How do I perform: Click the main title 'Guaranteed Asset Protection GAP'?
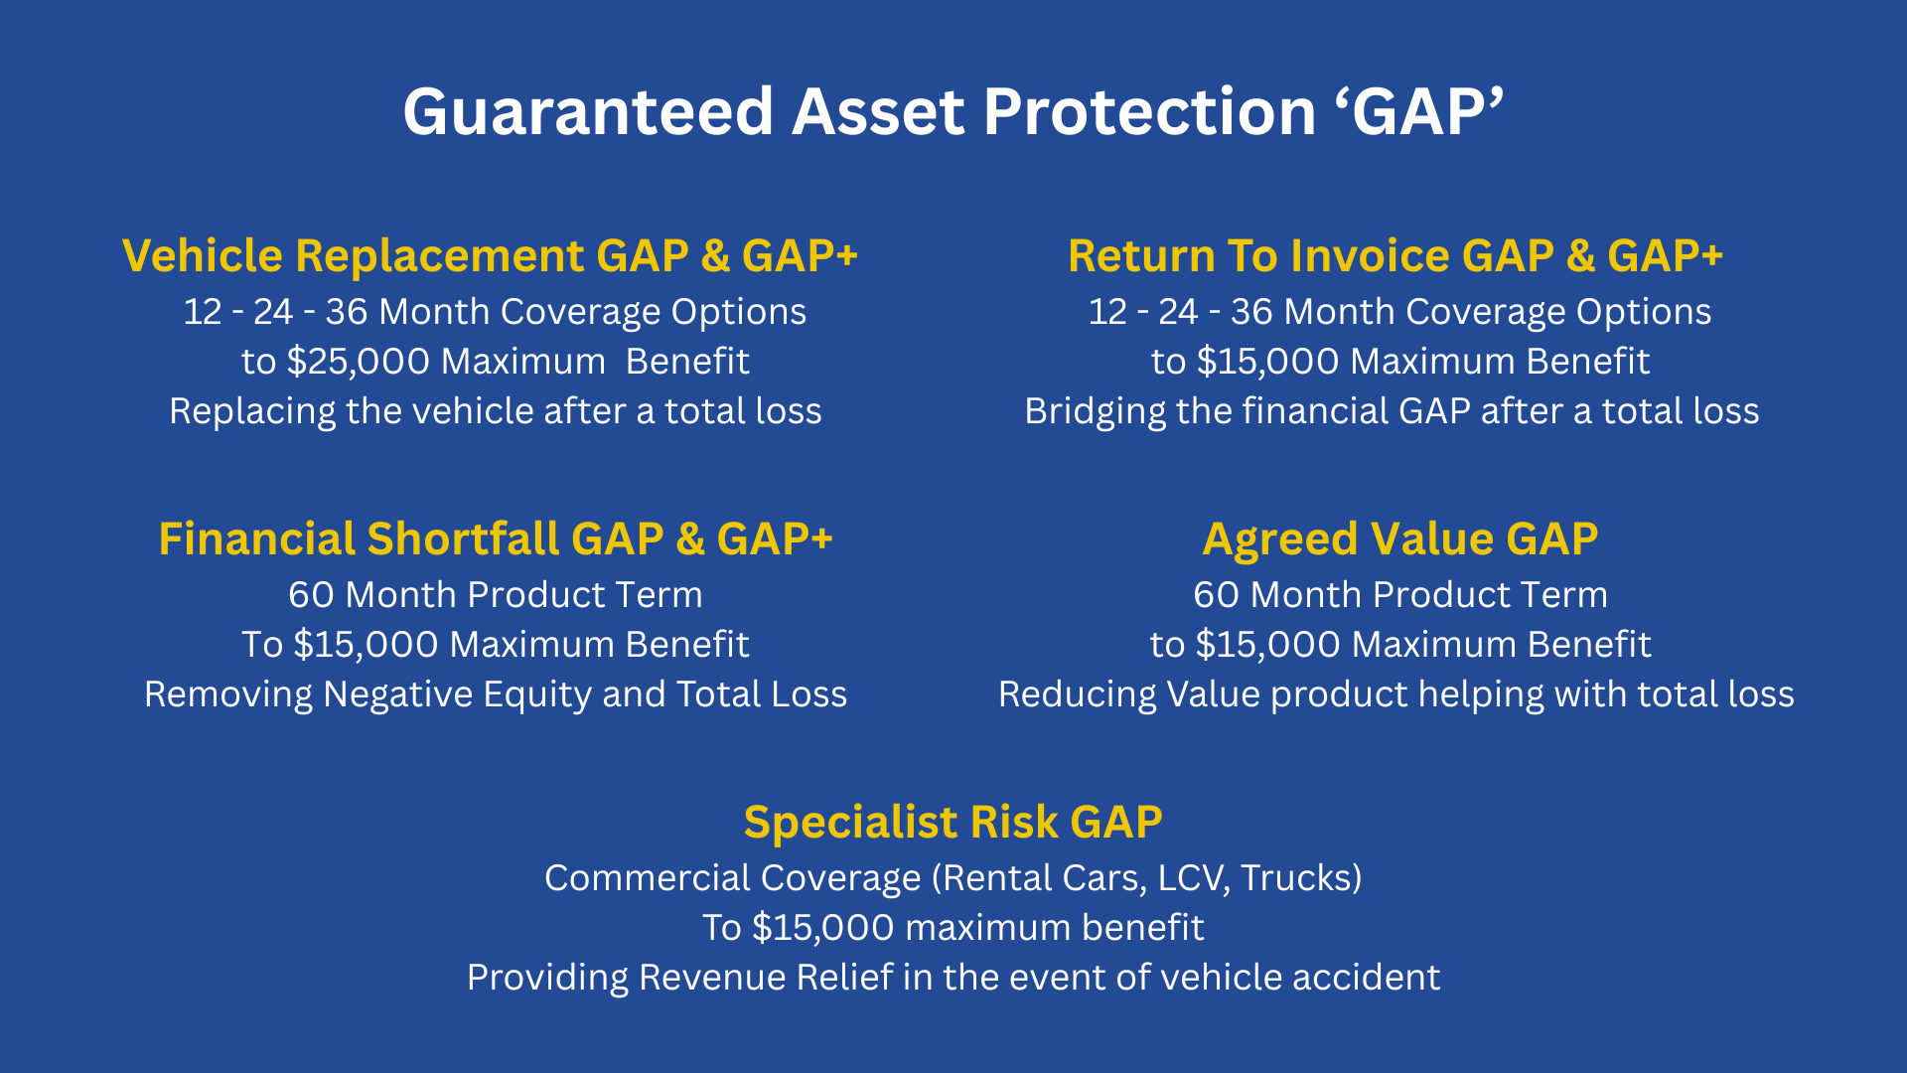click(x=953, y=111)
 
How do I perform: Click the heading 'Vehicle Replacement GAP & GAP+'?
click(x=490, y=256)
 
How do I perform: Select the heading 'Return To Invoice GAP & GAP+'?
click(x=1395, y=256)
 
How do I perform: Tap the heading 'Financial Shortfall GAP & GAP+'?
click(x=496, y=539)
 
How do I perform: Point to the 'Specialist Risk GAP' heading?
click(x=953, y=824)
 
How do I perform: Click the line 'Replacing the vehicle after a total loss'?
click(x=496, y=411)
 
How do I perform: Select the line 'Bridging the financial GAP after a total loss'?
click(x=1392, y=411)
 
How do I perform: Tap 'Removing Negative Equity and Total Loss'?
click(x=496, y=694)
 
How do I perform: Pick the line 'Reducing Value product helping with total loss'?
click(x=1396, y=694)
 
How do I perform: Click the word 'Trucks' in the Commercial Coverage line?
click(x=1295, y=878)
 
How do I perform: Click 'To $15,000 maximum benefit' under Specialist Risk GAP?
click(x=953, y=928)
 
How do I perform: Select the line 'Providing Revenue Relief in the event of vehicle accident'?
click(x=953, y=978)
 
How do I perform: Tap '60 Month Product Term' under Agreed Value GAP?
click(x=1400, y=595)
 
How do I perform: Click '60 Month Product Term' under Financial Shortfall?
click(x=496, y=595)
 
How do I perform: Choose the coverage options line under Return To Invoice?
click(x=1400, y=313)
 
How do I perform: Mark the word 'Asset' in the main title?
click(x=878, y=111)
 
